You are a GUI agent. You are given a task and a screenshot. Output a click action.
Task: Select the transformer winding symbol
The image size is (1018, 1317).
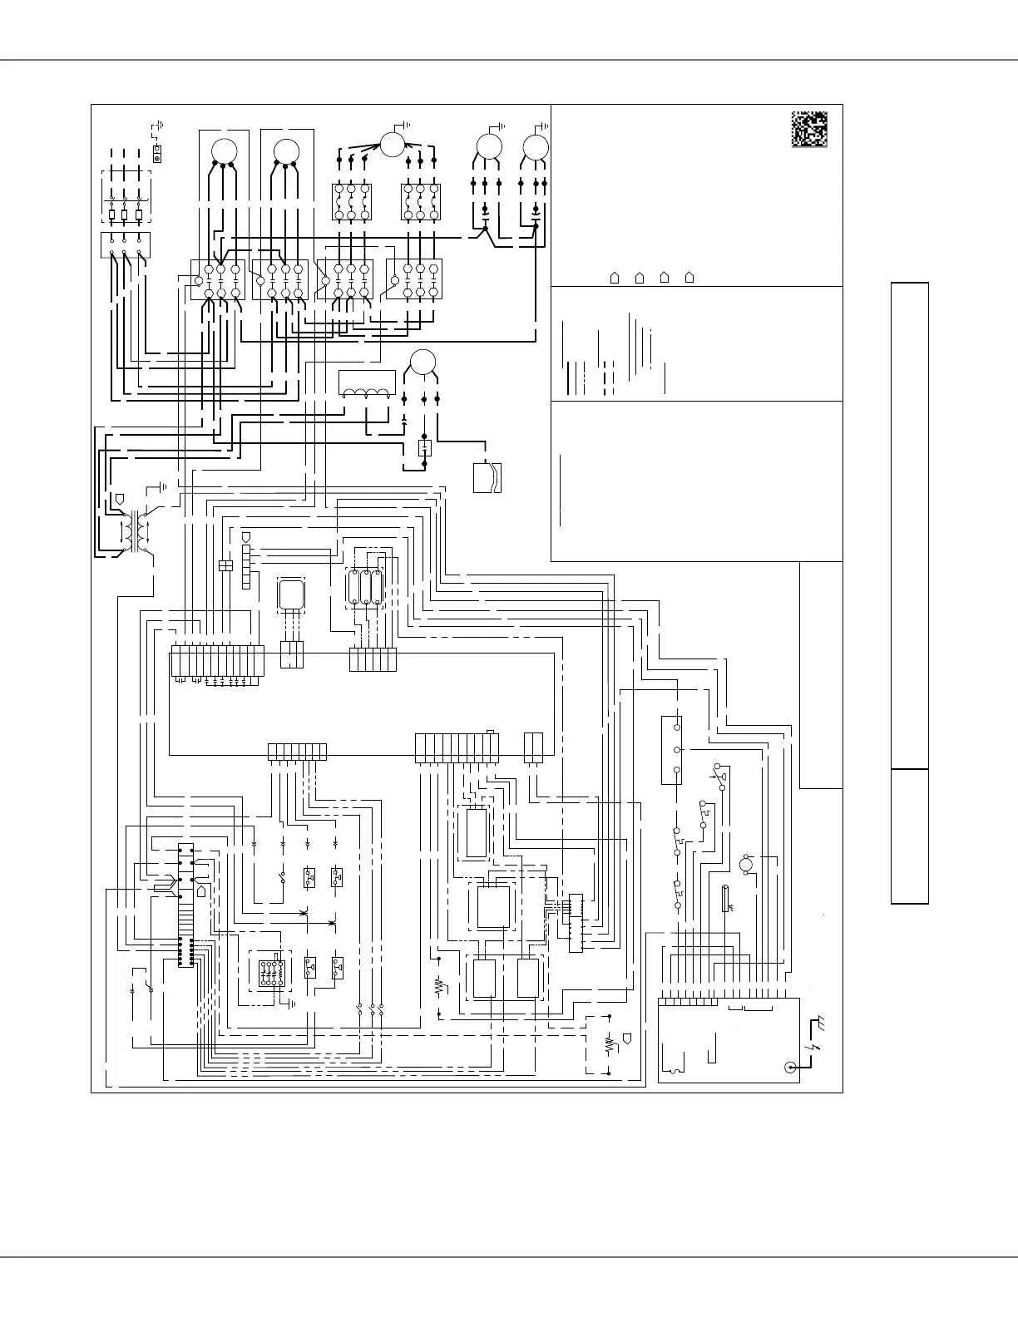[x=133, y=530]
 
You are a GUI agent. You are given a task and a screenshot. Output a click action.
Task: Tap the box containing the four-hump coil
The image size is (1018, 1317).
[x=367, y=383]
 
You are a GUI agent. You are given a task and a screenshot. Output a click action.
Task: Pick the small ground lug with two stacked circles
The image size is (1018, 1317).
[x=157, y=154]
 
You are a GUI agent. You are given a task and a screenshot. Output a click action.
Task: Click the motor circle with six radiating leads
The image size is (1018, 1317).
[x=391, y=145]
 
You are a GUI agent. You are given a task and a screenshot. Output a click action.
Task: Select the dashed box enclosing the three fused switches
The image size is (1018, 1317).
[x=126, y=198]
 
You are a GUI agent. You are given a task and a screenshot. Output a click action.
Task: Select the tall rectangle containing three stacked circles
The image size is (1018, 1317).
[x=672, y=749]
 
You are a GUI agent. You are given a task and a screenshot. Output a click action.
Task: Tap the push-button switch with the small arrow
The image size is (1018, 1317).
[x=719, y=775]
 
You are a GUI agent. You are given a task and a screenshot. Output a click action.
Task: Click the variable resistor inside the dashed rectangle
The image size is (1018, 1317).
[x=608, y=1043]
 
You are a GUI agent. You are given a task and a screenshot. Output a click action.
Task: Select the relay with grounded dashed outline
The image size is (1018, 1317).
[x=270, y=972]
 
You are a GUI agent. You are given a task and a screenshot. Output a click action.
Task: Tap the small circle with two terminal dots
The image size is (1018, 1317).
[x=746, y=865]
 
